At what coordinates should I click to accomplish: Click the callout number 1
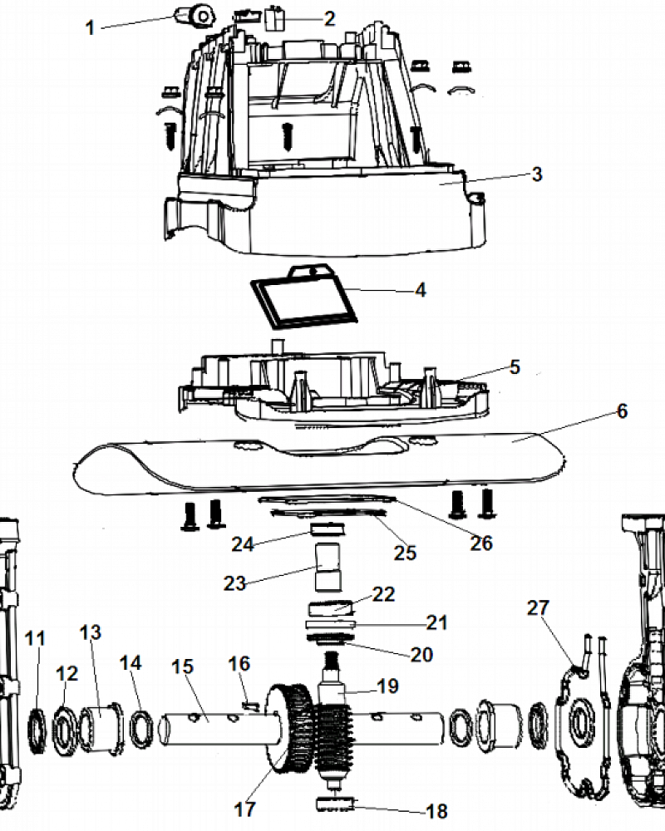coord(90,27)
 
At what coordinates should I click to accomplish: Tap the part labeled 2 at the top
coord(276,18)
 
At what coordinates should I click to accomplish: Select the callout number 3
coord(537,174)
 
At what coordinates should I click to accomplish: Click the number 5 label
coord(515,366)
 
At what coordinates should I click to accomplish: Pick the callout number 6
coord(622,411)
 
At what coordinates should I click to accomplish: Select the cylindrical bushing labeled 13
coord(101,726)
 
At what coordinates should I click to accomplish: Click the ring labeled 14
coord(141,730)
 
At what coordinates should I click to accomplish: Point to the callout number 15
coord(182,666)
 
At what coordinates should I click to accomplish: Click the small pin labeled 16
coord(249,705)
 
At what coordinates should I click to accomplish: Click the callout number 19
coord(387,686)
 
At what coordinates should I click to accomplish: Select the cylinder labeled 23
coord(329,567)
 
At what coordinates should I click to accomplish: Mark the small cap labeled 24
coord(328,529)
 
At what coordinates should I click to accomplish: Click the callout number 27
coord(538,607)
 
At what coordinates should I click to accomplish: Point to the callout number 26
coord(481,543)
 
